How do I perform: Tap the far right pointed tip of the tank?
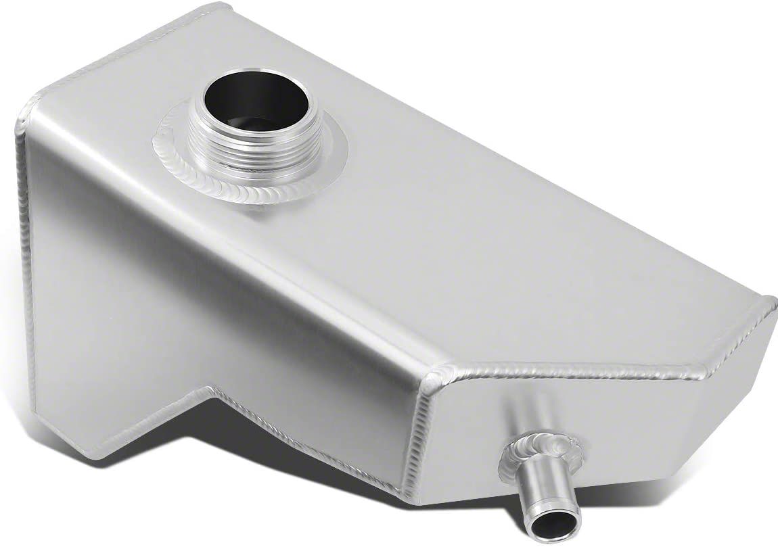coord(771,318)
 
